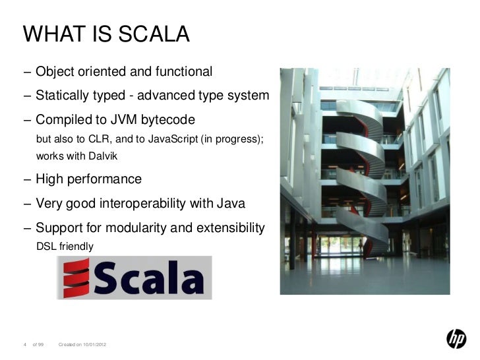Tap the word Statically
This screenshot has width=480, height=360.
coord(63,96)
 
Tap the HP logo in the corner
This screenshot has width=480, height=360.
coord(456,339)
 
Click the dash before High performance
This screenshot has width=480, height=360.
coord(26,179)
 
